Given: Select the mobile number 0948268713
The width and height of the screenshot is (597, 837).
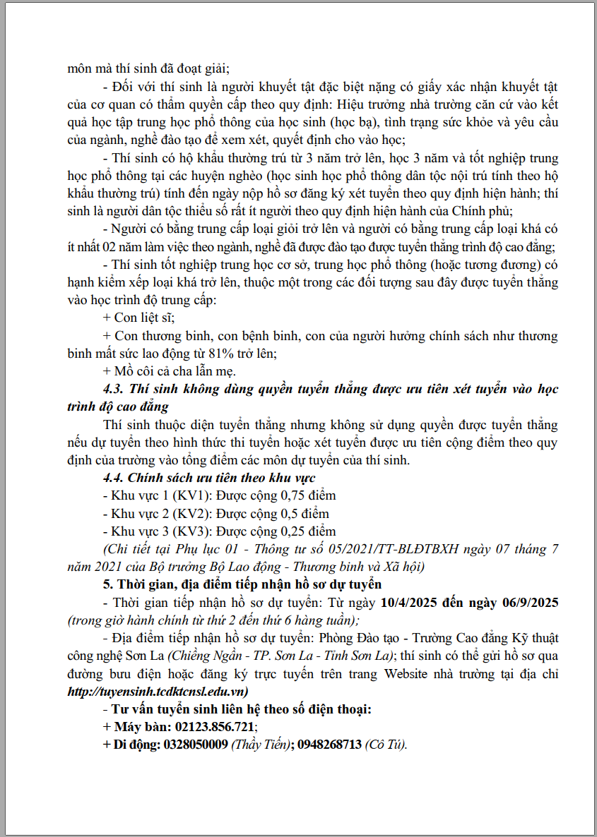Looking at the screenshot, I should [329, 745].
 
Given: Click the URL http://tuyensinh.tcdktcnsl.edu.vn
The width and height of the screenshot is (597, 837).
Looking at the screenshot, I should [157, 692].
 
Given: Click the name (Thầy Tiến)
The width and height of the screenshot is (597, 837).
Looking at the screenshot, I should [261, 745].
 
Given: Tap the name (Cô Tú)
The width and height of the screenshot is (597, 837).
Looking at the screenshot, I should [386, 745].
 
